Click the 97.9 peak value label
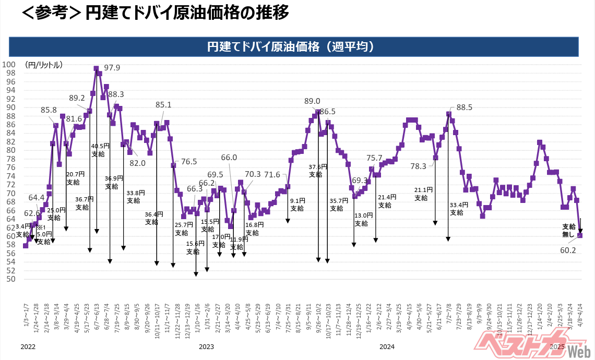(x=112, y=68)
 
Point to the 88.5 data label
(x=464, y=107)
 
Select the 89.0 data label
(x=312, y=101)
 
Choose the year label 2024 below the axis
(x=387, y=346)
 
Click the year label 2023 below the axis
(x=207, y=346)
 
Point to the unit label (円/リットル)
(x=44, y=65)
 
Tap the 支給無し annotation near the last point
(x=569, y=231)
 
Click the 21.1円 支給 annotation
(x=421, y=194)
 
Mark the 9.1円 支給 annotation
(x=297, y=204)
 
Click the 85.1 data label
(x=163, y=105)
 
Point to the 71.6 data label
(x=272, y=175)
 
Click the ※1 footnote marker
(x=41, y=227)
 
